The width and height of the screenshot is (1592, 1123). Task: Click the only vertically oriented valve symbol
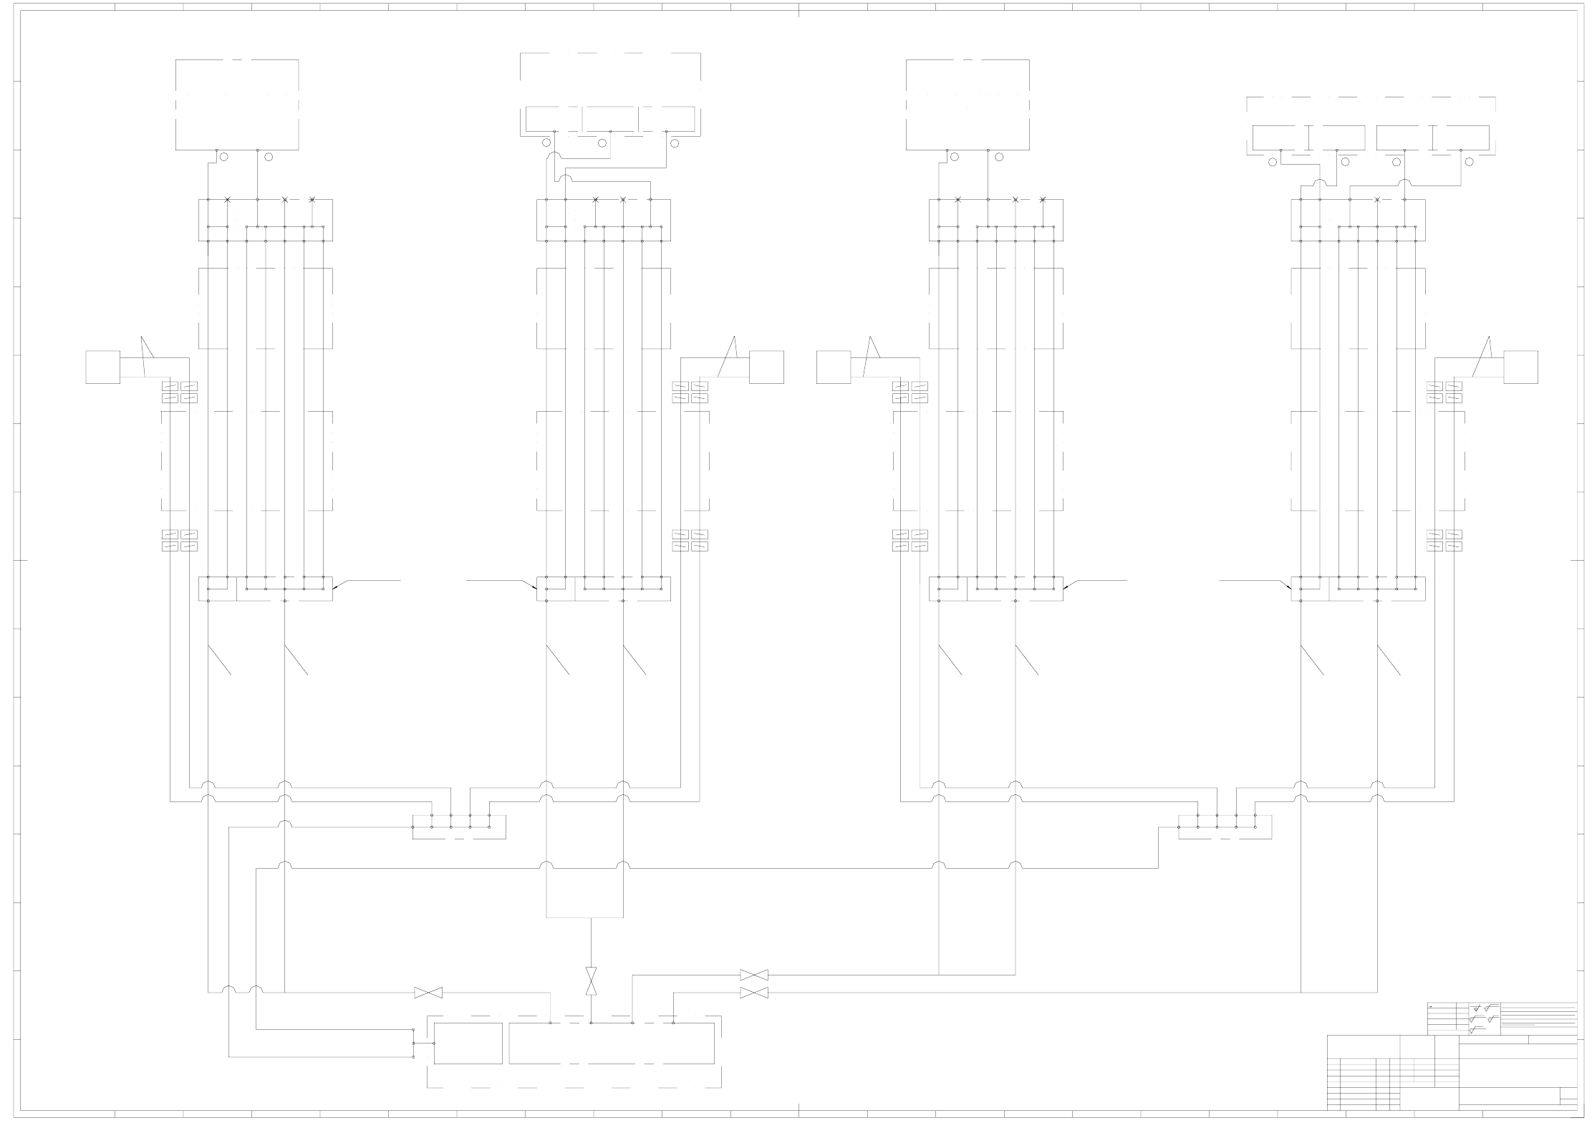(x=592, y=981)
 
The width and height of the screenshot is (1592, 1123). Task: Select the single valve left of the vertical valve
(x=428, y=993)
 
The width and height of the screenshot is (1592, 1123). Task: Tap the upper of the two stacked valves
(x=753, y=975)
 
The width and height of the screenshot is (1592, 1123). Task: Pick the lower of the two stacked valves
(x=753, y=993)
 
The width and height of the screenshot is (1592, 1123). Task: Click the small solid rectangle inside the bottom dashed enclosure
(x=468, y=1044)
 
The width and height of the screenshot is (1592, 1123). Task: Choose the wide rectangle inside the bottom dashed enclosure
(x=612, y=1044)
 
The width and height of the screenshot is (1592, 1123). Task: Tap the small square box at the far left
(x=102, y=367)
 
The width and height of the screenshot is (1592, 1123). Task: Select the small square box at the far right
(x=1520, y=367)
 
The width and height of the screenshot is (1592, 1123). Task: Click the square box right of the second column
(x=766, y=367)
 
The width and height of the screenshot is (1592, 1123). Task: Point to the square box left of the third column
(x=834, y=367)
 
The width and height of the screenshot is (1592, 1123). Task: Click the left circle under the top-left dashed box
(x=223, y=157)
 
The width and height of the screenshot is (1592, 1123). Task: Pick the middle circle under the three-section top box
(x=602, y=143)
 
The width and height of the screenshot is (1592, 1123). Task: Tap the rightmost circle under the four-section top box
(x=1470, y=162)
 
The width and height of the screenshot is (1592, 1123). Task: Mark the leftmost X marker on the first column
(x=228, y=199)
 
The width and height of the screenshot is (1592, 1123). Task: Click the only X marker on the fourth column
(x=1377, y=199)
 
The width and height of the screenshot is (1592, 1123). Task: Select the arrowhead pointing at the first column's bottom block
(x=334, y=587)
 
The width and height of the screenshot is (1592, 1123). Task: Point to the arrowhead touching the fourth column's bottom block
(x=1289, y=587)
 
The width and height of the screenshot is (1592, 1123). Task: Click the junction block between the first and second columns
(x=459, y=826)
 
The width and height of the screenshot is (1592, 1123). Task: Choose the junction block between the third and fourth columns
(x=1225, y=826)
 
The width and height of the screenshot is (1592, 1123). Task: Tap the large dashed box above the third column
(x=968, y=105)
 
